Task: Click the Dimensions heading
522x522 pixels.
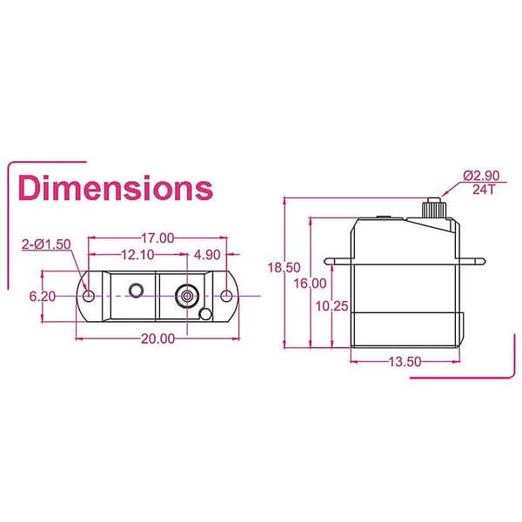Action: click(x=116, y=188)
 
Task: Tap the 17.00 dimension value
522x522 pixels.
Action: click(x=157, y=238)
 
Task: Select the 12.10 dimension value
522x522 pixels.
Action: click(x=137, y=255)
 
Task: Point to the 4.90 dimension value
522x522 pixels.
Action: click(x=207, y=255)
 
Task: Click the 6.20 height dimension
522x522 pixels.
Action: click(x=43, y=297)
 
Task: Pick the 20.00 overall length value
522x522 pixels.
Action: click(x=158, y=338)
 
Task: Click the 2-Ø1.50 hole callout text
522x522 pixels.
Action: click(x=46, y=244)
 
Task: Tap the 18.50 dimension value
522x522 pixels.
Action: click(x=284, y=267)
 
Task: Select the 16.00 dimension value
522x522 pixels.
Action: click(x=310, y=284)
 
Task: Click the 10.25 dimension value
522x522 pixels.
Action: click(x=331, y=306)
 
